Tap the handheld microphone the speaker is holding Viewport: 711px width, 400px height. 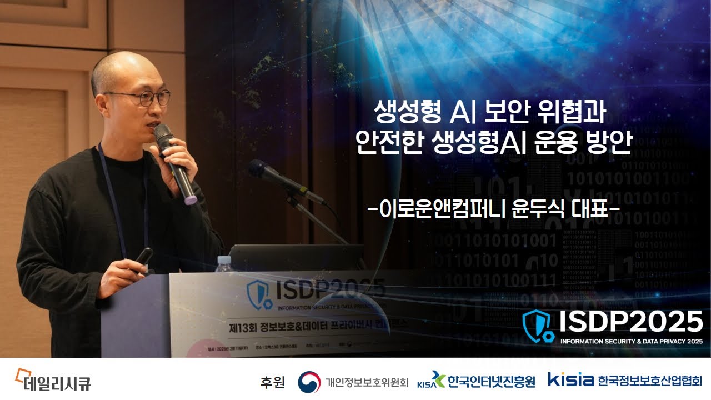174,162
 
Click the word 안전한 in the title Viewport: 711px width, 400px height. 389,143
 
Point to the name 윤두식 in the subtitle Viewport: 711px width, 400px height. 542,211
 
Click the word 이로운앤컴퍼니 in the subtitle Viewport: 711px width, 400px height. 439,211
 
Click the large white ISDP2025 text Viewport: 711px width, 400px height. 630,322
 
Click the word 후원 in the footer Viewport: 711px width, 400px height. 272,382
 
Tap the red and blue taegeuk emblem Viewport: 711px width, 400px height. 309,382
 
